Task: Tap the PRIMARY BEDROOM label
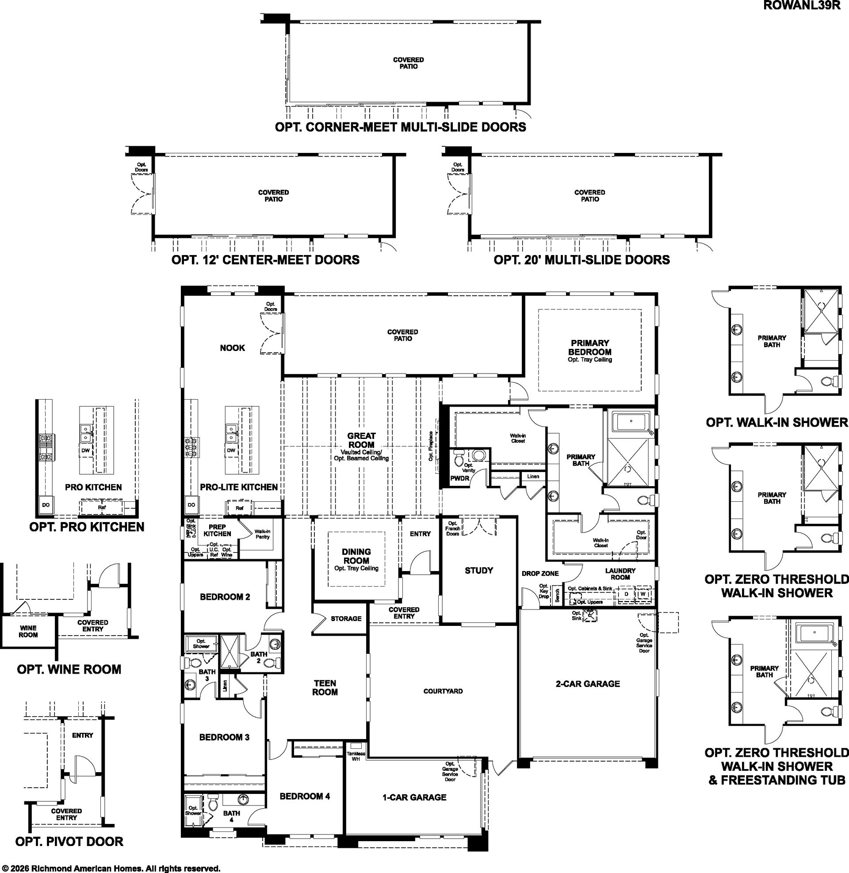click(x=589, y=347)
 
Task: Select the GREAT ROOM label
click(x=361, y=440)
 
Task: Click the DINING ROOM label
click(x=356, y=556)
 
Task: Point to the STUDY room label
click(x=479, y=570)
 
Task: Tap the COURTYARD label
click(x=443, y=691)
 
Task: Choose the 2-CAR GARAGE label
click(x=588, y=684)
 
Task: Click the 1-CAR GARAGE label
click(x=414, y=797)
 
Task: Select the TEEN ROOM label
click(x=325, y=688)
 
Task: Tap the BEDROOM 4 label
click(x=305, y=796)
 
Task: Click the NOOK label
click(x=232, y=347)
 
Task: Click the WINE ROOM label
click(x=28, y=632)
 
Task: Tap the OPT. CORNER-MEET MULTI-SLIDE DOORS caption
click(x=401, y=127)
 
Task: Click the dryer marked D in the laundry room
click(x=626, y=594)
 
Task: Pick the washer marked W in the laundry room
click(x=642, y=594)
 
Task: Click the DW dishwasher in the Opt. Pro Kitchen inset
click(x=86, y=450)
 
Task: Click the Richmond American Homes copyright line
click(x=111, y=868)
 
